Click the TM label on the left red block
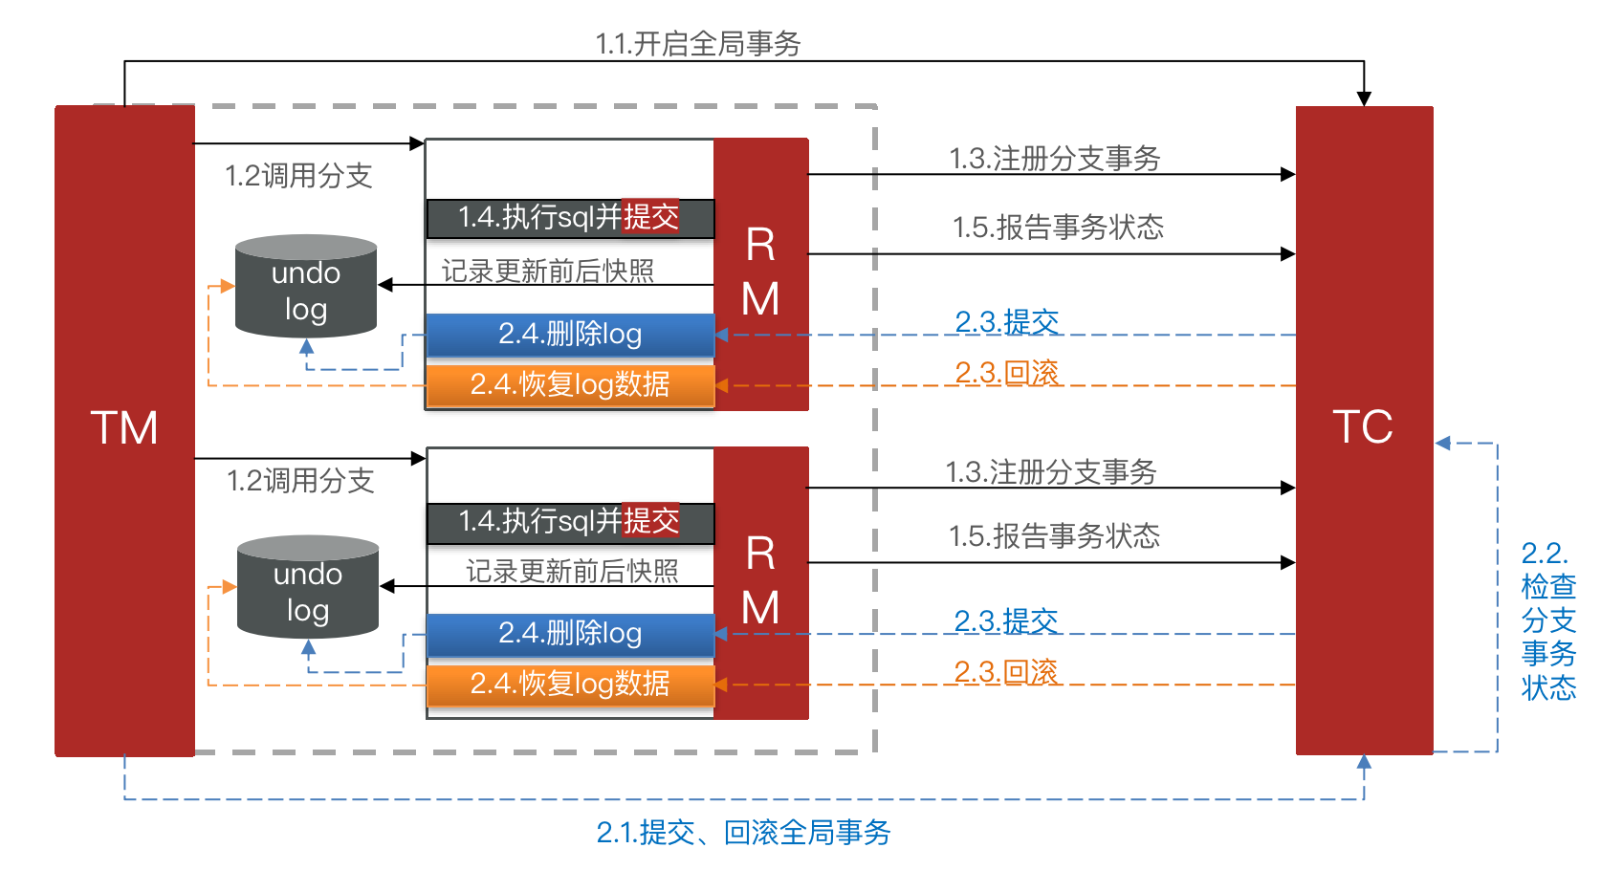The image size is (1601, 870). tap(124, 427)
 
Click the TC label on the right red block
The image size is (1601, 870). tap(1363, 426)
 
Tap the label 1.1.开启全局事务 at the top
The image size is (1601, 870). tap(698, 44)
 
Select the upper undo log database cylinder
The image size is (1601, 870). tap(306, 287)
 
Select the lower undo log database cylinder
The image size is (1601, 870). tap(308, 587)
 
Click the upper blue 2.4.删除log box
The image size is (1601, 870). tap(570, 335)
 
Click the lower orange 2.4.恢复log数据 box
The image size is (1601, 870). tap(570, 684)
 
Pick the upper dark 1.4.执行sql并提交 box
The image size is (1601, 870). tap(570, 218)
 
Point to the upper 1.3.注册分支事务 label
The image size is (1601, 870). tap(1054, 159)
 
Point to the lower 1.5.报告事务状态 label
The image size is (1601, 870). tap(1054, 536)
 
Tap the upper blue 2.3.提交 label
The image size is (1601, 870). tap(1007, 322)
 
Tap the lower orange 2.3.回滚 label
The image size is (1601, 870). tap(1006, 672)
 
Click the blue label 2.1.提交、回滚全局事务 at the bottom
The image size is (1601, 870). tap(743, 833)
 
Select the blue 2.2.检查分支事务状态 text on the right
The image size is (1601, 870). tap(1547, 620)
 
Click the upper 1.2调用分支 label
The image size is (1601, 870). tap(298, 176)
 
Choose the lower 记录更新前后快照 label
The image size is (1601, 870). tap(572, 572)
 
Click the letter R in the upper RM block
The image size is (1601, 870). tap(760, 246)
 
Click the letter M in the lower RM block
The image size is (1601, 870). tap(760, 608)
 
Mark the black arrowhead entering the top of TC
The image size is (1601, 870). tap(1364, 98)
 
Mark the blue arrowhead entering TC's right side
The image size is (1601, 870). tap(1443, 443)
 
